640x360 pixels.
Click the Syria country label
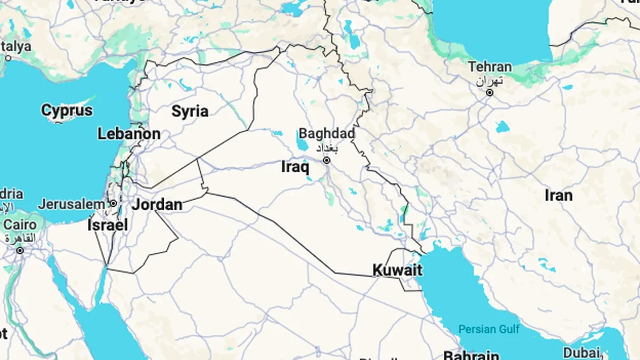[190, 111]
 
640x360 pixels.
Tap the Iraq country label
[295, 167]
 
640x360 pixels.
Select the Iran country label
[558, 195]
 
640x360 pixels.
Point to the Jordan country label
[157, 204]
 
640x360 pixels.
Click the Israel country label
[108, 225]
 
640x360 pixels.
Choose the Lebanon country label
[129, 134]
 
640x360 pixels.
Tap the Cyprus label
[67, 111]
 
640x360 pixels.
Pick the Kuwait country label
[397, 270]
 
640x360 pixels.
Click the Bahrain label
[471, 355]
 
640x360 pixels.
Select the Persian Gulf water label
[489, 329]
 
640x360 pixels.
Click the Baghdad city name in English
[327, 133]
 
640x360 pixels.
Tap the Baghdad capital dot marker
[327, 160]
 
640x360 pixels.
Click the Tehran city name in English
[490, 67]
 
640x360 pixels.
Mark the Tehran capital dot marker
[490, 93]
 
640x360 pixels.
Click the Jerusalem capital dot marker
[113, 204]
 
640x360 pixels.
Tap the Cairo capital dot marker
[20, 250]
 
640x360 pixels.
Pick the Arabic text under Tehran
[489, 81]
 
